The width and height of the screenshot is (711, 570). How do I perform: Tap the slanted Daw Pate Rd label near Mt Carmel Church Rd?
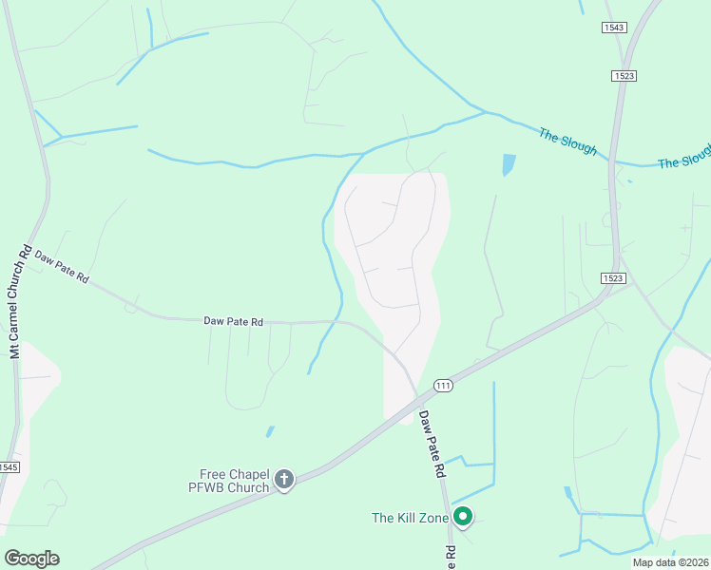coord(62,267)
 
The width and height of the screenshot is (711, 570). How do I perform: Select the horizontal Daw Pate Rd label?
coord(233,322)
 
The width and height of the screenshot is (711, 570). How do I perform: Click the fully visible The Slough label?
coord(567,141)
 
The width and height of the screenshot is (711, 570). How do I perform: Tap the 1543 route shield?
coord(614,28)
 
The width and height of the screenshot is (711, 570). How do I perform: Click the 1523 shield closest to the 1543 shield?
coord(625,75)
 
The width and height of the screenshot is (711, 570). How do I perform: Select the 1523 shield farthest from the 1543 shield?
coord(613,277)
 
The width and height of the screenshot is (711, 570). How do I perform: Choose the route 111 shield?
coord(443,385)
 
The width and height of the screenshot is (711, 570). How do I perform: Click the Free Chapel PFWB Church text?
coord(235,481)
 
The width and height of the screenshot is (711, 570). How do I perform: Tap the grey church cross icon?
coord(284,481)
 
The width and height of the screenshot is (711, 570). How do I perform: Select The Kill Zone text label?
coord(410,518)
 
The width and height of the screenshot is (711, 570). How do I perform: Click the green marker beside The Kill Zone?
coord(463,517)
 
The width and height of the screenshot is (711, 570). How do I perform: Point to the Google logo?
coord(31,559)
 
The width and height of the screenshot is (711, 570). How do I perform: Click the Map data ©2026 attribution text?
coord(669,562)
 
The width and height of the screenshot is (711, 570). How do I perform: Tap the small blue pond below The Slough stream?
coord(508,164)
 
